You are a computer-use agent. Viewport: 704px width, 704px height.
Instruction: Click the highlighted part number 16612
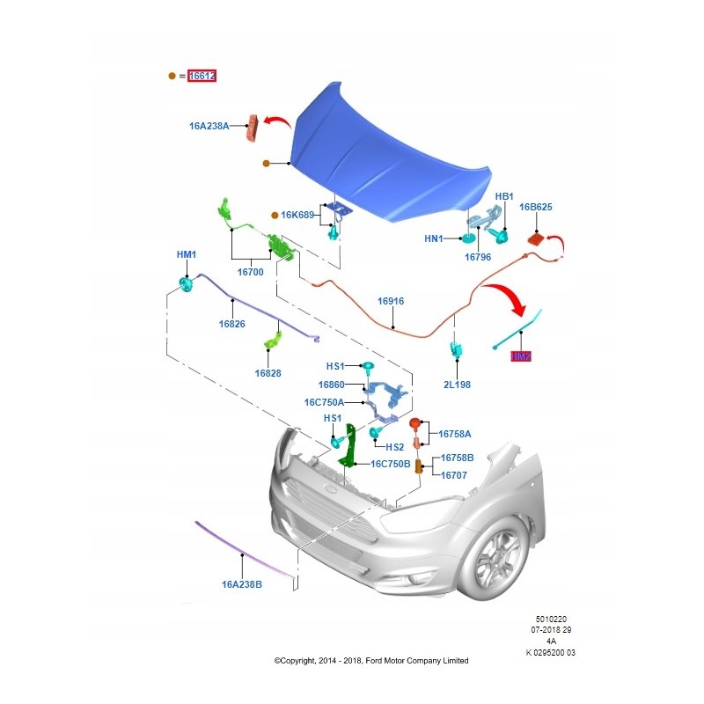click(202, 77)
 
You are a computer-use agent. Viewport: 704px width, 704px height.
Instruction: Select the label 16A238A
click(209, 126)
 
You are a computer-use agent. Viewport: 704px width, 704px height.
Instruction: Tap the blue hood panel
click(387, 154)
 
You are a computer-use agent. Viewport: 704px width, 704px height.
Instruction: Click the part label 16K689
click(298, 215)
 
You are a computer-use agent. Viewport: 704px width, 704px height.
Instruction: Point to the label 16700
click(250, 273)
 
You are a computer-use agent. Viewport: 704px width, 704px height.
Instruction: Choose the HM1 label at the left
click(187, 254)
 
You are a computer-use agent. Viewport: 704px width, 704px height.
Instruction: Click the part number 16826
click(231, 324)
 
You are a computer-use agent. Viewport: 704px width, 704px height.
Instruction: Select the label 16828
click(268, 373)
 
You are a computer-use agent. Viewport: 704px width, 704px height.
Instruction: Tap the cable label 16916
click(391, 301)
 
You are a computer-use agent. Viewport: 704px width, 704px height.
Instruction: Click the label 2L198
click(458, 385)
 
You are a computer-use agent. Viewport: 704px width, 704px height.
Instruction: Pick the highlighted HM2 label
click(522, 356)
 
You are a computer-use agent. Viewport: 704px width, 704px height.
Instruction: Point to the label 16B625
click(535, 208)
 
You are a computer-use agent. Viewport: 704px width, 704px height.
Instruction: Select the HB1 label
click(503, 196)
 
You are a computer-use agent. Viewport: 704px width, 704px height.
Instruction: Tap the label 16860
click(331, 385)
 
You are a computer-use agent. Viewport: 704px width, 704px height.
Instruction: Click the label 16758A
click(456, 434)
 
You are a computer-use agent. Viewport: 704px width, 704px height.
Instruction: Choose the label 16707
click(454, 475)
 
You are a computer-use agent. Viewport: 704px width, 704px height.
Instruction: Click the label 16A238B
click(242, 583)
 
